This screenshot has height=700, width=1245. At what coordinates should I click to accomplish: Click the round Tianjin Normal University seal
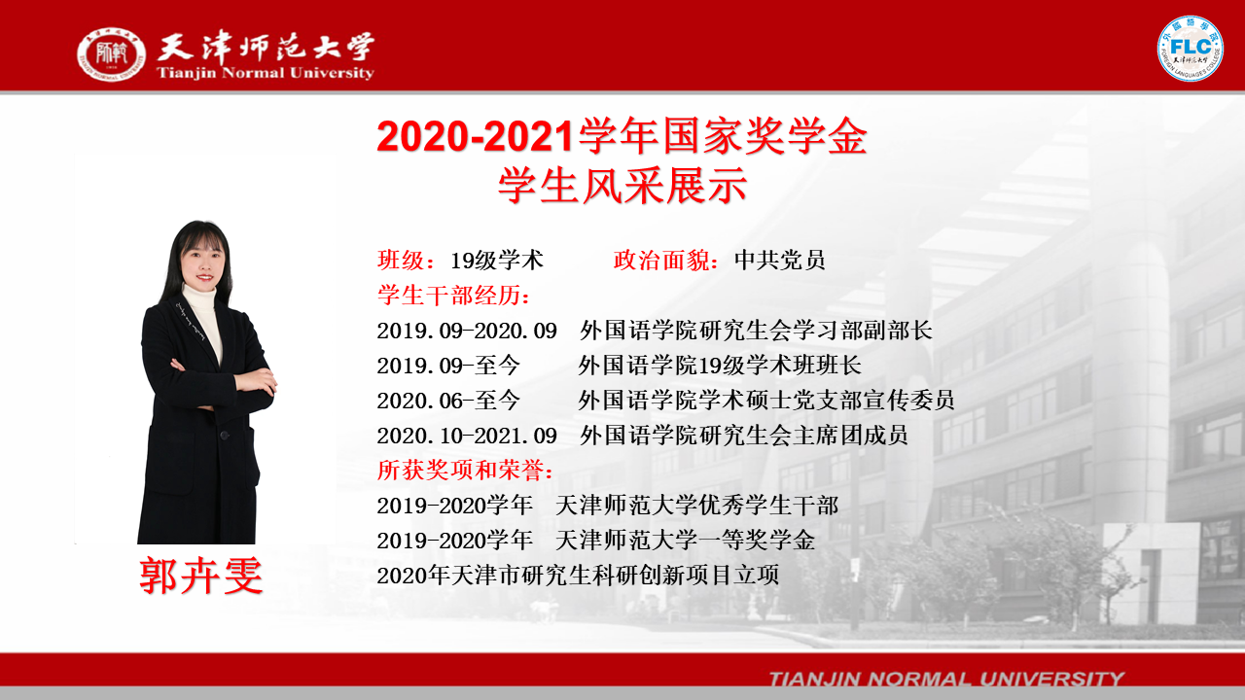click(x=111, y=54)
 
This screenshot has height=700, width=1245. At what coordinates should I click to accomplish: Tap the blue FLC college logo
click(x=1190, y=49)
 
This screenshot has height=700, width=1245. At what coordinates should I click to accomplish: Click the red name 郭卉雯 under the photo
click(x=200, y=577)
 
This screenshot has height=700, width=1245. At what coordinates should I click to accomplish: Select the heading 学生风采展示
click(x=622, y=186)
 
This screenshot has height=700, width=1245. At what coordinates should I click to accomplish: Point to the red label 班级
click(x=400, y=260)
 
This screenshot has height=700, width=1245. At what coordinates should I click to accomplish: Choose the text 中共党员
click(x=779, y=260)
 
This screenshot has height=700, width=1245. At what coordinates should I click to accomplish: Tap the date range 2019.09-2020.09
click(x=467, y=332)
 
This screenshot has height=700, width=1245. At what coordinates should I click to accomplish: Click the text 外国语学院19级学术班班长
click(x=720, y=366)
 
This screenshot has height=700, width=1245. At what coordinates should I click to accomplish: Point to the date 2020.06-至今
click(x=448, y=401)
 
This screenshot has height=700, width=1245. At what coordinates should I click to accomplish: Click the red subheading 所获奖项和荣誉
click(x=460, y=471)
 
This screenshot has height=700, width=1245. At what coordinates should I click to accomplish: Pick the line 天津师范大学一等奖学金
click(x=686, y=541)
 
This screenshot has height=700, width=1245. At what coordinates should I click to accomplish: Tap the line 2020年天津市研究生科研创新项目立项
click(x=578, y=576)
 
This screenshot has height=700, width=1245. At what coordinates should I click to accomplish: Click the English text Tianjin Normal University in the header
click(x=266, y=73)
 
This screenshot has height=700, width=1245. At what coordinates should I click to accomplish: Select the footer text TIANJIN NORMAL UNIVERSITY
click(x=946, y=679)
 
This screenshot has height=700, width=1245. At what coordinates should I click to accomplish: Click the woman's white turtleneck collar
click(x=199, y=298)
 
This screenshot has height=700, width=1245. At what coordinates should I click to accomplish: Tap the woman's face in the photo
click(x=203, y=263)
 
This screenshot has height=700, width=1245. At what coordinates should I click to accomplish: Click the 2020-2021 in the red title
click(x=476, y=137)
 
